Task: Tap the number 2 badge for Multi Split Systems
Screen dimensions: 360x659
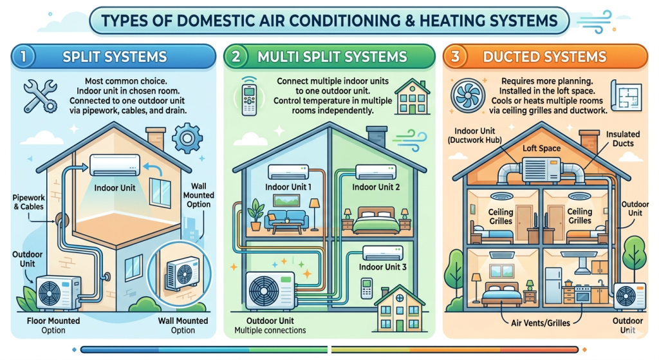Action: click(236, 57)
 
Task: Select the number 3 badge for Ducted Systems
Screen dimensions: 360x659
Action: click(456, 57)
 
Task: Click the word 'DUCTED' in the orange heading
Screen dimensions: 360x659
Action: click(512, 57)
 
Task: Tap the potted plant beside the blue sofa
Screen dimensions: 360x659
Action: click(255, 216)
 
